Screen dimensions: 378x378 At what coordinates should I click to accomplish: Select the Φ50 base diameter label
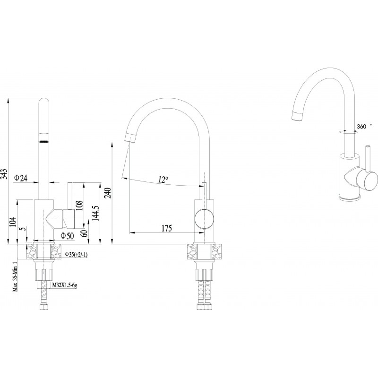68,235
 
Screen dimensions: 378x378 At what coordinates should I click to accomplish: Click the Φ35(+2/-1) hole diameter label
77,255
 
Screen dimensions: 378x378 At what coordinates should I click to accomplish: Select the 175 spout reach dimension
166,229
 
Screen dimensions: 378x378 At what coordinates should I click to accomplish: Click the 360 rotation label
362,126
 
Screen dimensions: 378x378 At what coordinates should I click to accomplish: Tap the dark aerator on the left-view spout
43,140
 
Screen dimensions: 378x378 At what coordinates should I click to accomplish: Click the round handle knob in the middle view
204,219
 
